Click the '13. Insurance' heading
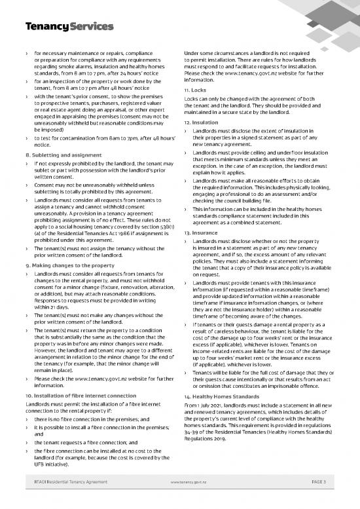pyautogui.click(x=200, y=251)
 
